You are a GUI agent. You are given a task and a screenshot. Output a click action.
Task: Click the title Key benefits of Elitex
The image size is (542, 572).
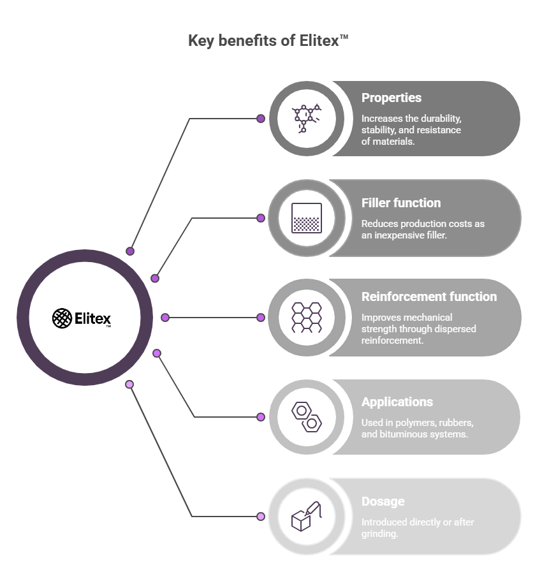(x=268, y=41)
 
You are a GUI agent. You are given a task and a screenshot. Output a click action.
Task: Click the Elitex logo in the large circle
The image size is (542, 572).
(x=82, y=318)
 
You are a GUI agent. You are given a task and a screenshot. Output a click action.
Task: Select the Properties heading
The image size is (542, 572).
(x=391, y=98)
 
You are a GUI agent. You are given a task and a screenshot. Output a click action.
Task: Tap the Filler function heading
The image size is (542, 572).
(x=400, y=203)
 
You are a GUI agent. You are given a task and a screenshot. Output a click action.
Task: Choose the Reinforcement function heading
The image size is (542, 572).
(x=428, y=297)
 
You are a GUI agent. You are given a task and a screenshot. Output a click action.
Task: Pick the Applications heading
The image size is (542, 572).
(x=397, y=402)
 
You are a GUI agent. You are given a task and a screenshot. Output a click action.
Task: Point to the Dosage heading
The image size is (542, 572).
(x=383, y=501)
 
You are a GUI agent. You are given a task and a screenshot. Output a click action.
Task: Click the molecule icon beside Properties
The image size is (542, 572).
(x=306, y=119)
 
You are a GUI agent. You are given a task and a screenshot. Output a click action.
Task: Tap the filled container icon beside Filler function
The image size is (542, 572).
(x=306, y=218)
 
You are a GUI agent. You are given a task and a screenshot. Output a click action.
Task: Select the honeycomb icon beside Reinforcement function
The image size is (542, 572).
(x=306, y=318)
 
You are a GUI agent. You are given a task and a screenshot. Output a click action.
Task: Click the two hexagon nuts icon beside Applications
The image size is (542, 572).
(x=306, y=417)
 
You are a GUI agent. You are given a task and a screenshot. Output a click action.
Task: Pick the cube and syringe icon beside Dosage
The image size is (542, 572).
(x=306, y=517)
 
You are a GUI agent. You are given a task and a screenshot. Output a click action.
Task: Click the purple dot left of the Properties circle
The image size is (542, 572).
(x=261, y=119)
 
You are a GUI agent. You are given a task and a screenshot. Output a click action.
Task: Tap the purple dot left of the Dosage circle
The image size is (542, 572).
(x=261, y=517)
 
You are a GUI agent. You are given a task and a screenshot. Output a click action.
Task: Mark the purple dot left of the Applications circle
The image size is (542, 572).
(x=261, y=417)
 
